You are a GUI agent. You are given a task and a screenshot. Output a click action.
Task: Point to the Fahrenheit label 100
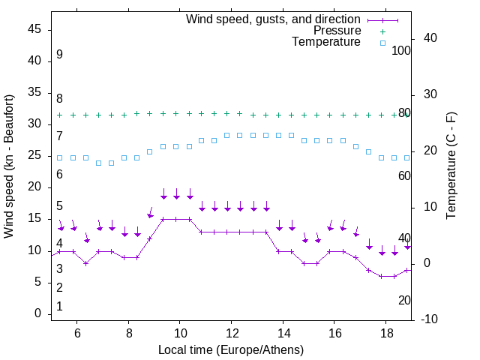pyautogui.click(x=401, y=50)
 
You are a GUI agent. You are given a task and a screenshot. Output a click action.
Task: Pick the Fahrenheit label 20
pyautogui.click(x=404, y=300)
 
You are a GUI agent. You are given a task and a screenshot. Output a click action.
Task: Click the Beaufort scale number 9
pyautogui.click(x=59, y=55)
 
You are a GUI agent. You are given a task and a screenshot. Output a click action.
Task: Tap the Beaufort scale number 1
pyautogui.click(x=59, y=306)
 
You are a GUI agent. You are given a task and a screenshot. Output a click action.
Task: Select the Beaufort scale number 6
pyautogui.click(x=59, y=175)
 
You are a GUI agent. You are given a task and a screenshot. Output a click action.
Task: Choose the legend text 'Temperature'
pyautogui.click(x=325, y=43)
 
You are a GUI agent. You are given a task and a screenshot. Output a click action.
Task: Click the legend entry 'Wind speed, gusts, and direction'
pyautogui.click(x=273, y=19)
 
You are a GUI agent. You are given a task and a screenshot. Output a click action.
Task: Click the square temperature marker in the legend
pyautogui.click(x=382, y=43)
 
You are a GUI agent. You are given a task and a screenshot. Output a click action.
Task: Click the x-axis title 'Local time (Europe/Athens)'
pyautogui.click(x=231, y=349)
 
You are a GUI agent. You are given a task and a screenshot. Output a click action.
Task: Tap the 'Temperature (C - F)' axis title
pyautogui.click(x=451, y=166)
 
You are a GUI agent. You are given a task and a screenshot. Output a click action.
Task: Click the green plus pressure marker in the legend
pyautogui.click(x=382, y=31)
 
